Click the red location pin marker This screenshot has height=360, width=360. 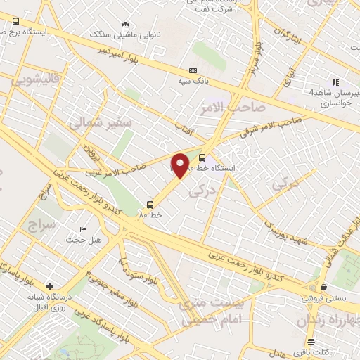coord(180,166)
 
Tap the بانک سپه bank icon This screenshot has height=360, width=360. coord(193,71)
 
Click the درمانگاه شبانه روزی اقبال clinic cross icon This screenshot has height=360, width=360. coord(49,286)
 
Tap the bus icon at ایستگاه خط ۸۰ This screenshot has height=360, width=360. coord(202,157)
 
